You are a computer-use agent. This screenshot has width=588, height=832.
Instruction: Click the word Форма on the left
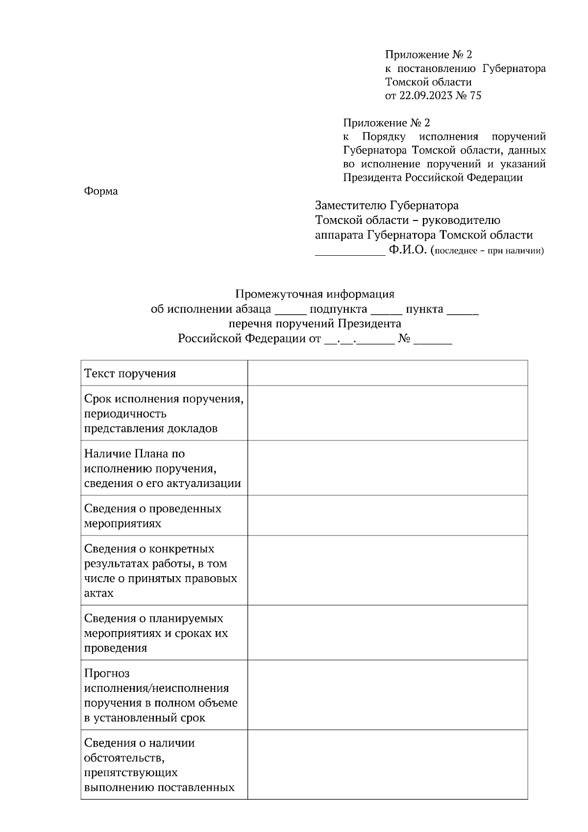tap(101, 191)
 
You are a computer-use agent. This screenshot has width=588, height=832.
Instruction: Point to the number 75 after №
tap(475, 96)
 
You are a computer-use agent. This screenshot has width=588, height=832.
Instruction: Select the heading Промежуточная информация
tap(315, 294)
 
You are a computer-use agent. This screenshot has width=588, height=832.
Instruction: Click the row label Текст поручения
tap(130, 374)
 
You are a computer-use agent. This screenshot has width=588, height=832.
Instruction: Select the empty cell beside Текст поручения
tap(387, 373)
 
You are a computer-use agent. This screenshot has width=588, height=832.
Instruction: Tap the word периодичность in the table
tap(125, 414)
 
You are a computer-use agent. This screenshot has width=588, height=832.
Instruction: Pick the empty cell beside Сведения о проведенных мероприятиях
tap(387, 515)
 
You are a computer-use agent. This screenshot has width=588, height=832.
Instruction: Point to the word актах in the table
tap(98, 593)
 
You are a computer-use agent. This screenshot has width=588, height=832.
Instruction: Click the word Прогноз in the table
tap(107, 674)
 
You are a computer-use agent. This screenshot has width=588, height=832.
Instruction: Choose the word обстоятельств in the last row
tap(123, 758)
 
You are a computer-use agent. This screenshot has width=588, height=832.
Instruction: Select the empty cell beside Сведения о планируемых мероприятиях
tap(387, 633)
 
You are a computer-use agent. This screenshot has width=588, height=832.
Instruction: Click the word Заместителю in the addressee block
tap(351, 205)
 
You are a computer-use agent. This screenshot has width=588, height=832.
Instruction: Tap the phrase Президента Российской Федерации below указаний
tap(433, 178)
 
